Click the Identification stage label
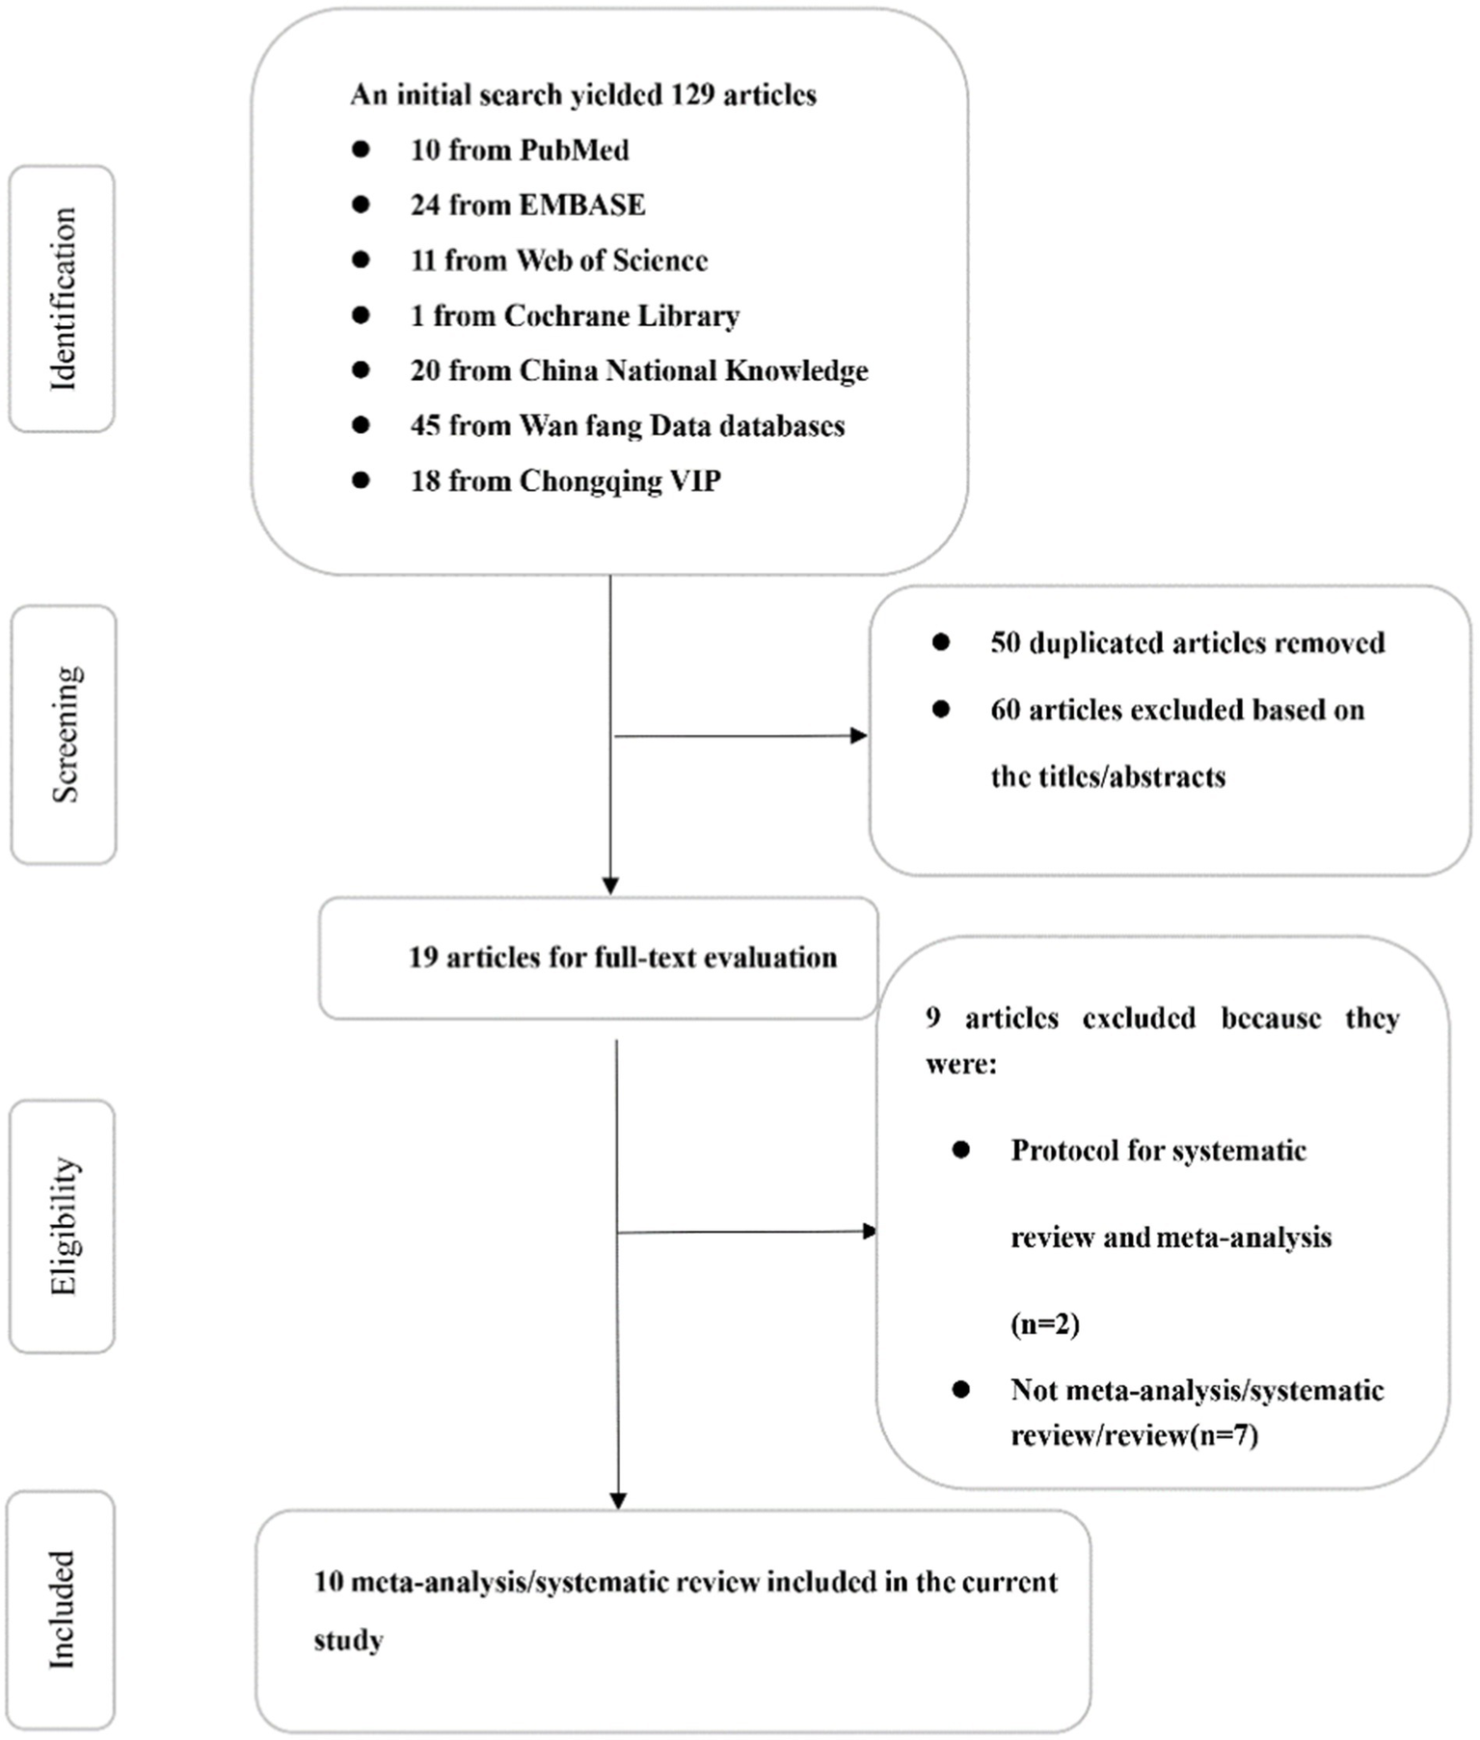[63, 299]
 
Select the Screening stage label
[65, 735]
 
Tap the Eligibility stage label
[63, 1226]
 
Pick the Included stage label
[61, 1610]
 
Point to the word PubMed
[574, 150]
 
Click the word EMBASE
[582, 205]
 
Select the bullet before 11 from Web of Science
[362, 259]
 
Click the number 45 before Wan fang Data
[425, 425]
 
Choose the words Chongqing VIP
[620, 480]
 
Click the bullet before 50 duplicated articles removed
[941, 642]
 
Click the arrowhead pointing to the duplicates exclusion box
[858, 736]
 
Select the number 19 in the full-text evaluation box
[422, 958]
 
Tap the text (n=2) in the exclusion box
[1045, 1324]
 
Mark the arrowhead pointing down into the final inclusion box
[618, 1500]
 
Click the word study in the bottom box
[348, 1641]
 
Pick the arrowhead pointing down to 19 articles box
[610, 885]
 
